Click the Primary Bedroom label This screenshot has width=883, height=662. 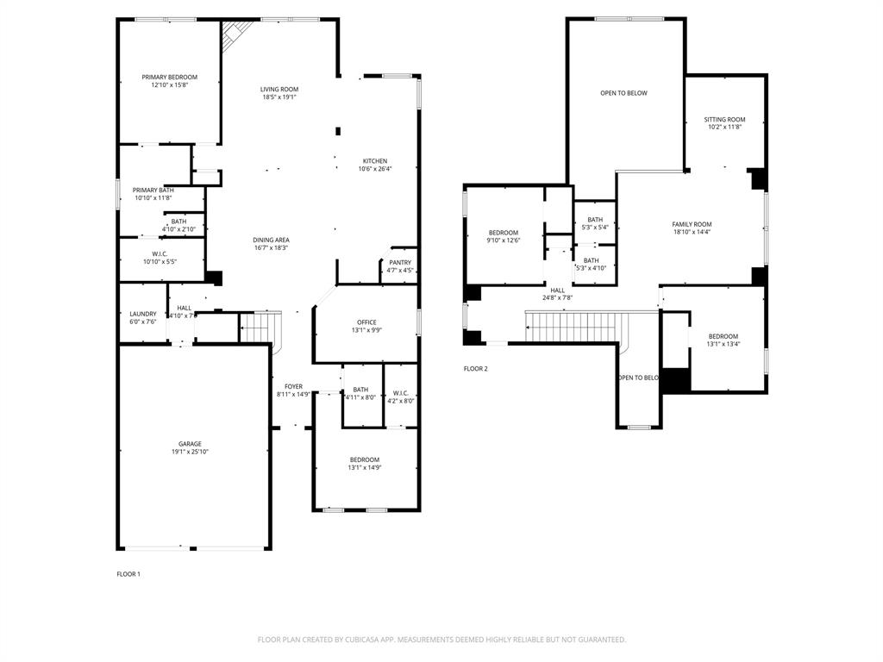pos(169,78)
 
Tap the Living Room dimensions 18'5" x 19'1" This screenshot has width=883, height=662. pos(279,97)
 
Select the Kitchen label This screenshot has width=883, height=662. pos(374,161)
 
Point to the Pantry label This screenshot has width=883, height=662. pos(399,263)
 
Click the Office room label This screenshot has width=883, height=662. pos(366,322)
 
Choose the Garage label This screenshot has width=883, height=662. pos(190,444)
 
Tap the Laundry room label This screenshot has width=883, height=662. pos(142,314)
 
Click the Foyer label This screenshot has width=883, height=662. pos(293,386)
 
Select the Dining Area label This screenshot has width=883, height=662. pos(271,240)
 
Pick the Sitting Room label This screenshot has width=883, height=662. pos(724,120)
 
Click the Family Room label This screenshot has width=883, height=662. pos(692,224)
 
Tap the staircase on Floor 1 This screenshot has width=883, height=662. pos(259,326)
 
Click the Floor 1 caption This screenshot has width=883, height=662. pos(128,574)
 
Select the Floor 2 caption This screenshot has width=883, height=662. pos(475,369)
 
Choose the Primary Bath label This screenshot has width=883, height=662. pos(153,190)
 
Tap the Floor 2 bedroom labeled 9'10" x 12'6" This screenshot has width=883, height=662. pos(504,233)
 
